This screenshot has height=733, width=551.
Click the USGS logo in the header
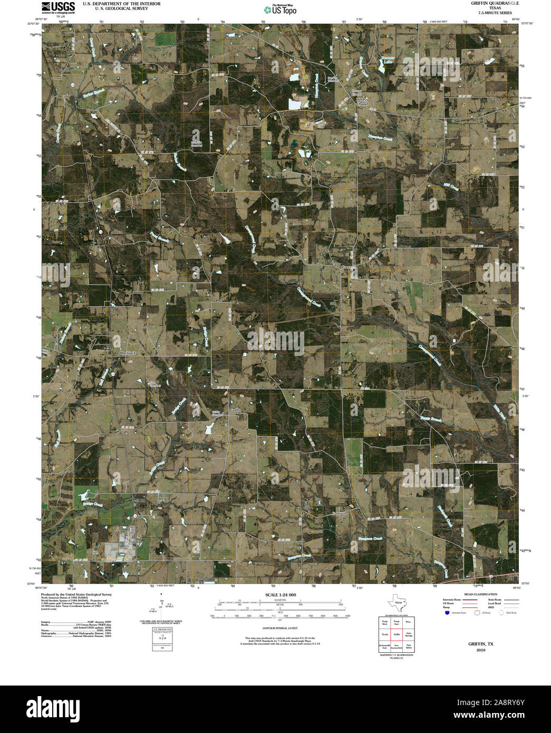tap(59, 7)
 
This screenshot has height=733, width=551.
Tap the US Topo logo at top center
tap(280, 9)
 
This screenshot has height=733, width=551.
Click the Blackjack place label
tap(128, 352)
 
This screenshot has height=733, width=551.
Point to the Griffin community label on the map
tap(235, 410)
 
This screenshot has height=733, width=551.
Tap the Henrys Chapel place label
tap(361, 101)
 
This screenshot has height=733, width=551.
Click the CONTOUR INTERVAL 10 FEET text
tap(279, 629)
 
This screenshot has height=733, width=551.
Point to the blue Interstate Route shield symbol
tap(447, 613)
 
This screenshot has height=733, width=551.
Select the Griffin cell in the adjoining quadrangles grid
tap(397, 634)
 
